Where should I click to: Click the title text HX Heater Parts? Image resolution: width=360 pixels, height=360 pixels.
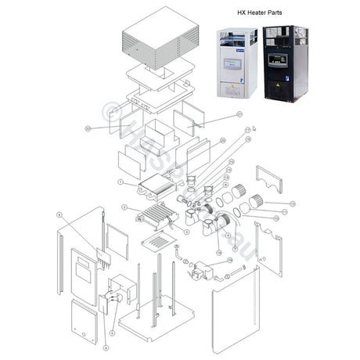265,13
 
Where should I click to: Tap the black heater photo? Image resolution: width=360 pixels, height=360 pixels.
286,63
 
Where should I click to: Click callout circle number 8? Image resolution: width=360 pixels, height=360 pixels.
59,213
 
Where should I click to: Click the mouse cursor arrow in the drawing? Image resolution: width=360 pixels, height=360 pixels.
255,127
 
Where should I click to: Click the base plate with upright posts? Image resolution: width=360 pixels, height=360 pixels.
153,321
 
